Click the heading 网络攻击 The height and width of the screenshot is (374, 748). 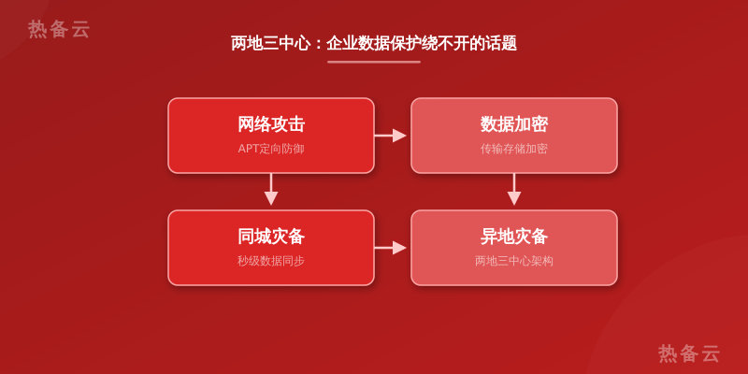pyautogui.click(x=271, y=124)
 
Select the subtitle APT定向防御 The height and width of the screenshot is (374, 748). pyautogui.click(x=271, y=149)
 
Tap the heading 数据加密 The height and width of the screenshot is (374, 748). pyautogui.click(x=513, y=124)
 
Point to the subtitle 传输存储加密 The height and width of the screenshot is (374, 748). pyautogui.click(x=513, y=149)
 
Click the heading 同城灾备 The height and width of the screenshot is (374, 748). pyautogui.click(x=271, y=237)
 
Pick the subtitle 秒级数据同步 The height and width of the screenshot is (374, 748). pyautogui.click(x=271, y=261)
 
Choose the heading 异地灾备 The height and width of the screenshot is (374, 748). pyautogui.click(x=513, y=237)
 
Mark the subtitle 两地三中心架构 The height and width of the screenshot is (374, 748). pyautogui.click(x=513, y=261)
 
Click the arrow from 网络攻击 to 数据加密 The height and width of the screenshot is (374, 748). pyautogui.click(x=390, y=136)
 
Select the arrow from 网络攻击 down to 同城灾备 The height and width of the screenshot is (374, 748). pyautogui.click(x=271, y=190)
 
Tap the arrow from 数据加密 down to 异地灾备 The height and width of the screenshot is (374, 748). pyautogui.click(x=513, y=190)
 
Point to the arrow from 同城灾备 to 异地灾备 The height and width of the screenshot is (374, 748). pyautogui.click(x=390, y=248)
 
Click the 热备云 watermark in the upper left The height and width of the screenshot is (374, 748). pyautogui.click(x=59, y=30)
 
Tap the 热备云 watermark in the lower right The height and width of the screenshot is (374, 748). pyautogui.click(x=689, y=354)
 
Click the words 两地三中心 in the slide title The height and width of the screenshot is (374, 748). pyautogui.click(x=270, y=43)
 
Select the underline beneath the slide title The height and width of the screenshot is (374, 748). pyautogui.click(x=374, y=62)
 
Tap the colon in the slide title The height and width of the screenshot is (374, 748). pyautogui.click(x=319, y=44)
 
